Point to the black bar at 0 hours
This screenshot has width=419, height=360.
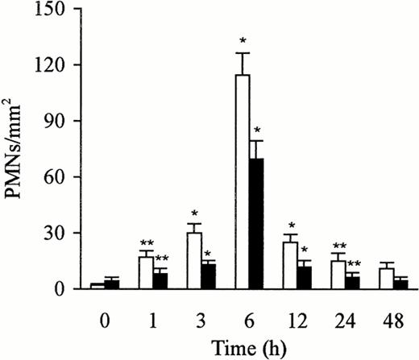point(112,285)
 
